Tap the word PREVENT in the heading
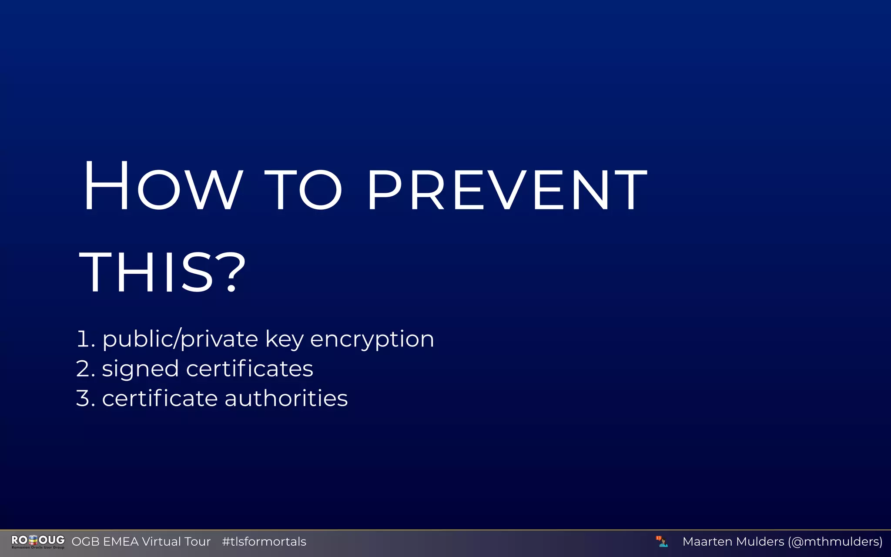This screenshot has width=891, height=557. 507,190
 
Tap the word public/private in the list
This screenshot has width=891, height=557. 180,339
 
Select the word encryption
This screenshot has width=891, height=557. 372,339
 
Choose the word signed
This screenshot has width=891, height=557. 140,369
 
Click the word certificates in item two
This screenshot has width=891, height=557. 250,369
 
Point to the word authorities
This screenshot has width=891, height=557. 286,398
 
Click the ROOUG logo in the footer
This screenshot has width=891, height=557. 38,541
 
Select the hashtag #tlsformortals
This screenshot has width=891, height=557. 264,541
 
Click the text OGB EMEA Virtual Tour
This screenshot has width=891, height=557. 141,541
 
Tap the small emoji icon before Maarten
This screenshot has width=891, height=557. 662,541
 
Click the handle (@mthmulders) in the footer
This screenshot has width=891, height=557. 835,541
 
